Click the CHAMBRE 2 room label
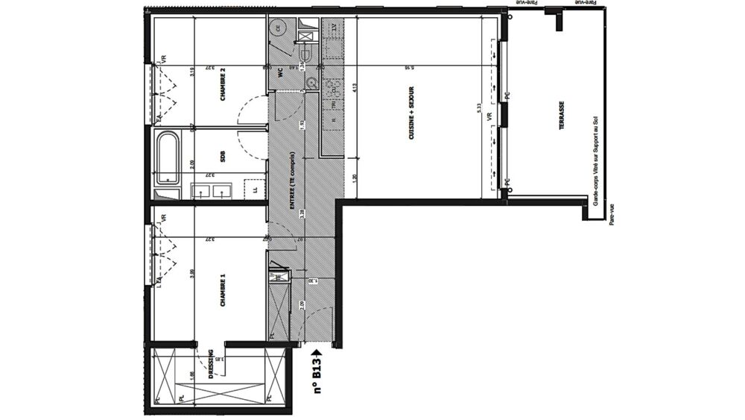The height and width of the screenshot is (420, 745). tap(222, 84)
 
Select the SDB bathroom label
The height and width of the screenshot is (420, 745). tap(222, 157)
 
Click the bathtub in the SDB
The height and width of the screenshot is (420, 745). tap(167, 157)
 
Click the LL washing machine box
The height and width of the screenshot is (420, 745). tap(256, 190)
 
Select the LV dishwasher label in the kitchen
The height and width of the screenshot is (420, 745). tap(335, 28)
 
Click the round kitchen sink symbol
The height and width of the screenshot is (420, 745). tap(310, 82)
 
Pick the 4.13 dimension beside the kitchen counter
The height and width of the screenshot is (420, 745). tap(356, 87)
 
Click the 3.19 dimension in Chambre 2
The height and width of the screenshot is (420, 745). tap(191, 72)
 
